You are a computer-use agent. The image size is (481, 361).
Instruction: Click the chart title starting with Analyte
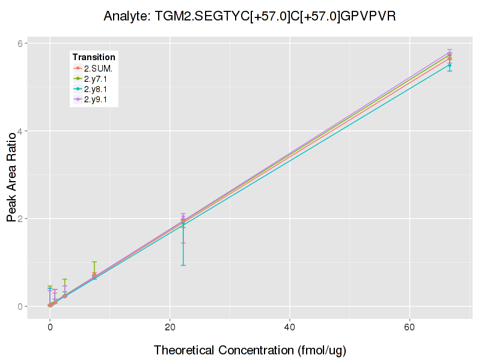click(x=250, y=16)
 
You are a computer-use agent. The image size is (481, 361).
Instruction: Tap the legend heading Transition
click(x=94, y=57)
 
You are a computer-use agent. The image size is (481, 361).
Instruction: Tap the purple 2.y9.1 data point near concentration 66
click(x=450, y=53)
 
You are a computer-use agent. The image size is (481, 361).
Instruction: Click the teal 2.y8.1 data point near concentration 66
click(x=450, y=65)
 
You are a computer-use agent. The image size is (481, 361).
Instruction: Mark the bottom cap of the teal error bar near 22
click(x=183, y=265)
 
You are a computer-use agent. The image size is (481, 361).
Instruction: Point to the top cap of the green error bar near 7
click(x=94, y=262)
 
